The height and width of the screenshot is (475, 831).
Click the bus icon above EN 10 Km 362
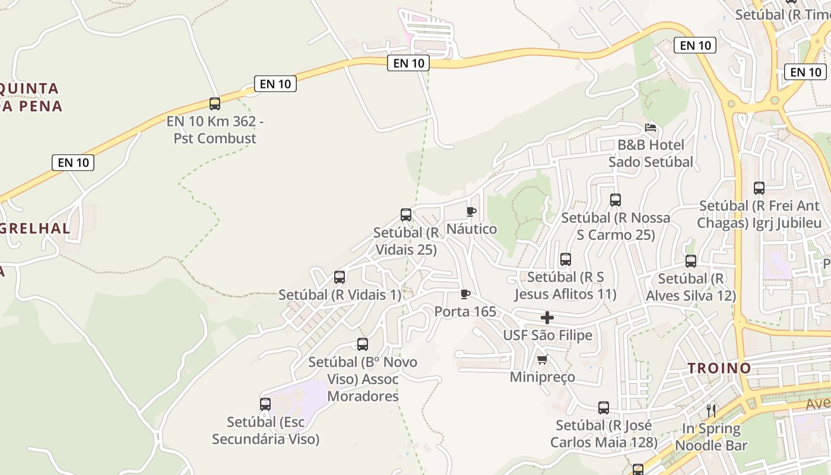pos(215,104)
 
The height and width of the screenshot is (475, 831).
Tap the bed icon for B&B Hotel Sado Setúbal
pos(651,128)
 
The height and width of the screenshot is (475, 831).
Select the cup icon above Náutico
pos(471,211)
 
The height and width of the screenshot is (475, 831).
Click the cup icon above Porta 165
pos(465,294)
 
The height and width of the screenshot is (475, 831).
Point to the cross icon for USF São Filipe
pos(547,318)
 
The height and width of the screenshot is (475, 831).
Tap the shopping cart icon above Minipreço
pos(542,360)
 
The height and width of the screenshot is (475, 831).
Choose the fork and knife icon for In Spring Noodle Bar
pos(711,410)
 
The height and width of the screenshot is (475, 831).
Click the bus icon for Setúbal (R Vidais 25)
pos(406,215)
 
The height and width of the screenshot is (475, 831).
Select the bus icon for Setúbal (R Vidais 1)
pos(340,277)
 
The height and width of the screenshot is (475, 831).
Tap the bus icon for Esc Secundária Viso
pos(265,404)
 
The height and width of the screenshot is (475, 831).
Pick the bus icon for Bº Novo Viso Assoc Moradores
pos(363,344)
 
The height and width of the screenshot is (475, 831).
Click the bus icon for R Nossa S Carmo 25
pos(616,200)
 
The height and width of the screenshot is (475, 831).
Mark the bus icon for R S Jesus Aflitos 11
pos(566,259)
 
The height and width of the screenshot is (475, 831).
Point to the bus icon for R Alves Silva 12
pos(691,261)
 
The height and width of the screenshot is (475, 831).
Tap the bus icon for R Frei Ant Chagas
pos(759,188)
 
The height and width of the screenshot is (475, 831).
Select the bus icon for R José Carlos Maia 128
pos(604,408)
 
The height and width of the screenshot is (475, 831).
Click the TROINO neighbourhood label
pos(719,368)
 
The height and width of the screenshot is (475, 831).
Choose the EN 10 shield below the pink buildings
pos(408,63)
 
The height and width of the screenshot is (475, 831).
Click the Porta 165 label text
pos(465,312)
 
